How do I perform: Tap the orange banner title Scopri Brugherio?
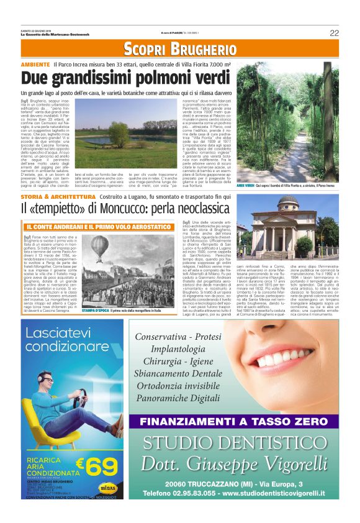click(180, 48)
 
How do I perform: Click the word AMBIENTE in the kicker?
click(35, 65)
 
